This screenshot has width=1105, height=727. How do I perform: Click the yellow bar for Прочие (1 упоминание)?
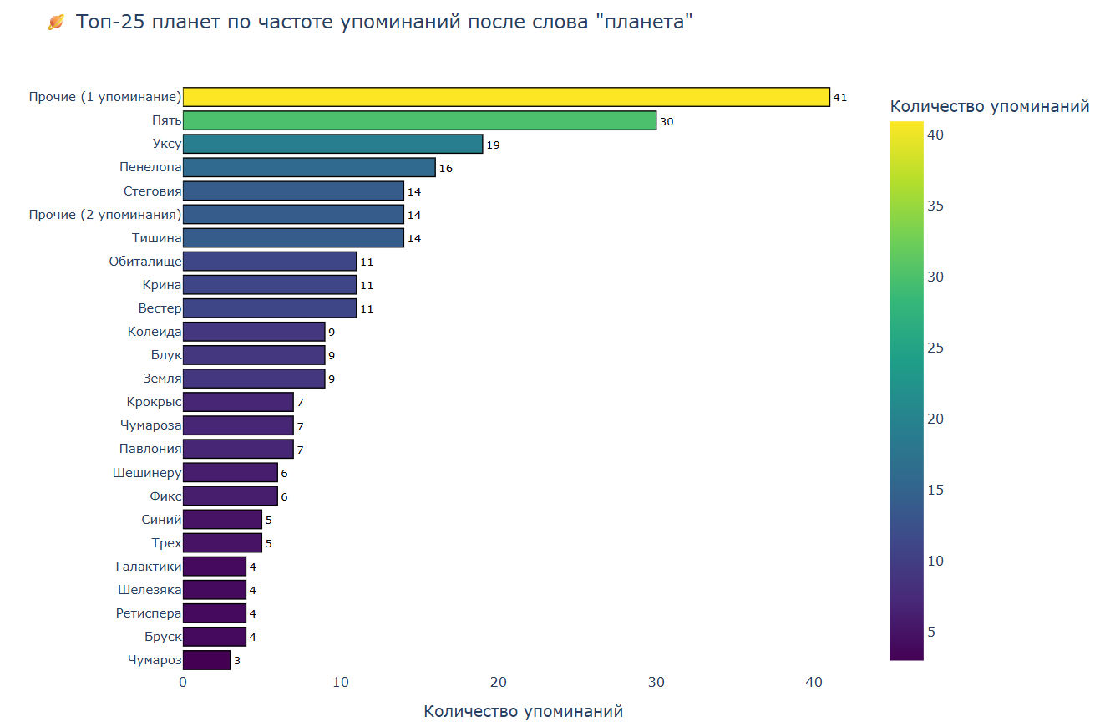coord(505,97)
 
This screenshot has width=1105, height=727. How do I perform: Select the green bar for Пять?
coord(419,120)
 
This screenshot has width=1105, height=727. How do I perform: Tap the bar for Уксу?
coord(332,144)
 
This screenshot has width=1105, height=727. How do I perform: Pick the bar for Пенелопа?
coord(309,167)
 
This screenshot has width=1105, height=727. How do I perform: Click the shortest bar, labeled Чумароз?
coord(206,660)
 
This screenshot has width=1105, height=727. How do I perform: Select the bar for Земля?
coord(254,379)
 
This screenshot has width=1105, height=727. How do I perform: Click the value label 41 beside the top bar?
coord(839,98)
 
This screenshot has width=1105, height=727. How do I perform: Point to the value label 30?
coord(666,121)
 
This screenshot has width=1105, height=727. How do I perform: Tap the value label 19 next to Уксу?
coord(493,145)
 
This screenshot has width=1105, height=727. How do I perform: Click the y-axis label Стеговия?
coord(152,191)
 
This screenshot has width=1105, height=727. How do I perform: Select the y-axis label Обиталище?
coord(145,262)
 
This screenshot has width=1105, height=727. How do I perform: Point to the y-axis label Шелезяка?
coord(150,590)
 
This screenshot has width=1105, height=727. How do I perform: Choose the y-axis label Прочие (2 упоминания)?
coord(105,215)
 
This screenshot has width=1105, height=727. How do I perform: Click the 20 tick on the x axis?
coord(499,682)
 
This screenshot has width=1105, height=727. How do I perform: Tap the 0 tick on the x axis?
coord(183,682)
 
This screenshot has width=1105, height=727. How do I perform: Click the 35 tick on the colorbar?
coord(935,206)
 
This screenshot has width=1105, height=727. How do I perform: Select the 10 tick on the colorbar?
coord(935,561)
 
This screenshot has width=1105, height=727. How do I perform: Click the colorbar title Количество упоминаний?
coord(990,106)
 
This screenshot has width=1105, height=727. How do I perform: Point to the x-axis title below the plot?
coord(523,711)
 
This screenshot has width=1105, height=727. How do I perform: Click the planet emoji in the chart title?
coord(56,23)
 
